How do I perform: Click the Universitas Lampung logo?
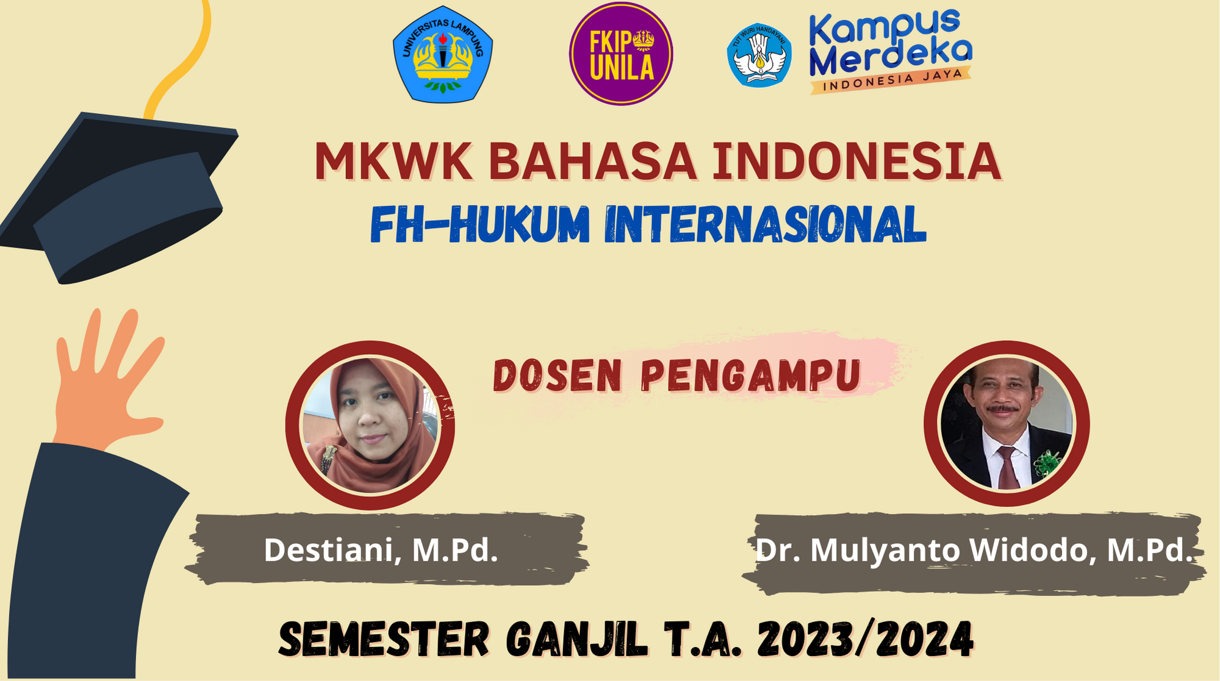[443, 55]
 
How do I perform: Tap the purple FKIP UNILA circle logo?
[621, 54]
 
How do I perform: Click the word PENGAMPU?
[751, 376]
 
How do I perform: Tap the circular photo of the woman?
[370, 425]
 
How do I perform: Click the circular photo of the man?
[1006, 424]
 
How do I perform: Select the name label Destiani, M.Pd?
[381, 550]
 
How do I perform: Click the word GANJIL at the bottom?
[576, 640]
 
